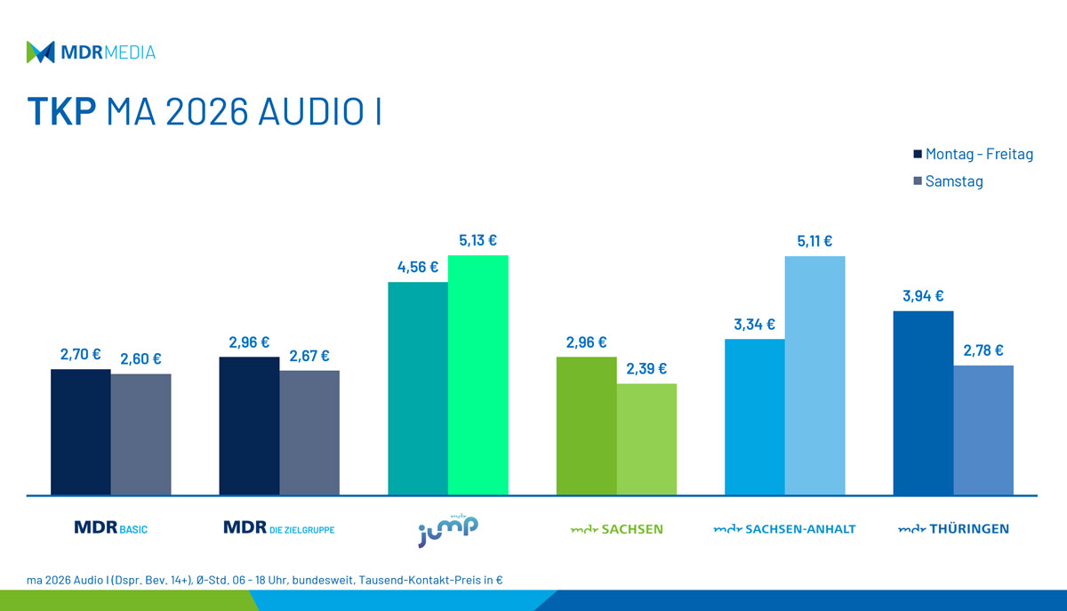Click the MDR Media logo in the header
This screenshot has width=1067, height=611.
tap(91, 52)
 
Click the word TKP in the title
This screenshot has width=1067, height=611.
tap(60, 113)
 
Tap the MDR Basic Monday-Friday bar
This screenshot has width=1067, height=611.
tap(81, 431)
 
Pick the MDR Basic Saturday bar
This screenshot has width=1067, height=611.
tap(140, 434)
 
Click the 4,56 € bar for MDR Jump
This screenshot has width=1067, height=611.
tap(418, 388)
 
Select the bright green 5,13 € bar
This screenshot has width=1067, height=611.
tap(477, 374)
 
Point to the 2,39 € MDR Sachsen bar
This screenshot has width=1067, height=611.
tap(646, 438)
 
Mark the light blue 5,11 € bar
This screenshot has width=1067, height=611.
tap(814, 374)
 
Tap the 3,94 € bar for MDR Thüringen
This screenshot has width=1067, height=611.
tap(923, 402)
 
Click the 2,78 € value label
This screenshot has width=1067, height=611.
tap(983, 350)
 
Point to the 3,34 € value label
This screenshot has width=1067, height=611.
tap(754, 325)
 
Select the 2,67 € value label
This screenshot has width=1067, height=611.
tap(309, 356)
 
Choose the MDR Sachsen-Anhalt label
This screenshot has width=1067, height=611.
tap(784, 529)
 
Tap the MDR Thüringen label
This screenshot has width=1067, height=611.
tap(953, 529)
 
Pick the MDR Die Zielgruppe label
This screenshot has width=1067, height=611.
tap(279, 529)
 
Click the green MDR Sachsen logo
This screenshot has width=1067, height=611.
tap(616, 529)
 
